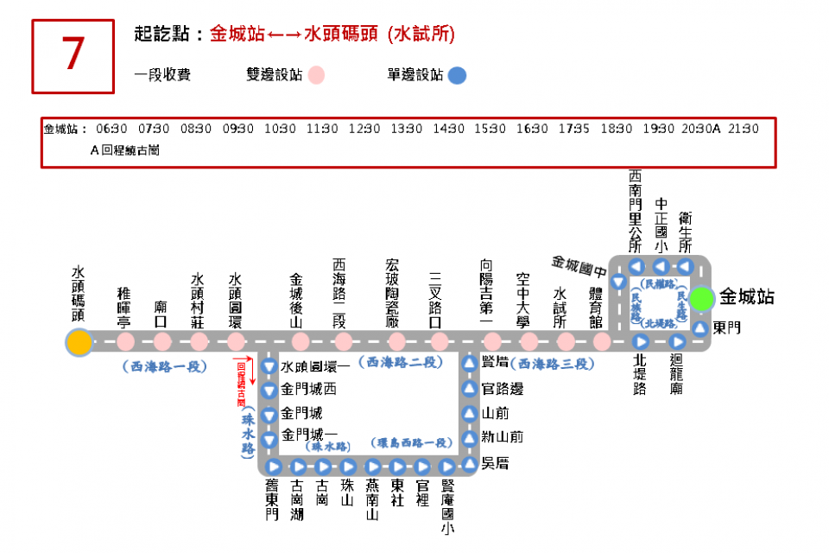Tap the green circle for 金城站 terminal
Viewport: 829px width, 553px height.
(702, 298)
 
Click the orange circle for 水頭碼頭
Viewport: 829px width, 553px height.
(79, 342)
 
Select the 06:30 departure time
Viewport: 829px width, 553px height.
(112, 129)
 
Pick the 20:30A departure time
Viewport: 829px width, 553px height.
(700, 129)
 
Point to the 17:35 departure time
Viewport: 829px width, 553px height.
(573, 129)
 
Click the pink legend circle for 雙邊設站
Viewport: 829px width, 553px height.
(316, 75)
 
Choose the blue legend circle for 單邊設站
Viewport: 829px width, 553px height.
(457, 75)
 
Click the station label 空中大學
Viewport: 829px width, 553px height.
(522, 299)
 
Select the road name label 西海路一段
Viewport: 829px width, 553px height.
(165, 366)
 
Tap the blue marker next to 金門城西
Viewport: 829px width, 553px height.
(269, 391)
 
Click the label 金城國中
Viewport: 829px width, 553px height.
(579, 261)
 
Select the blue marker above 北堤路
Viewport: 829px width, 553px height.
(641, 341)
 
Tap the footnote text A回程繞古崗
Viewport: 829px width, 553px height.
(124, 149)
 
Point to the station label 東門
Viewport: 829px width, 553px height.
(727, 328)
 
